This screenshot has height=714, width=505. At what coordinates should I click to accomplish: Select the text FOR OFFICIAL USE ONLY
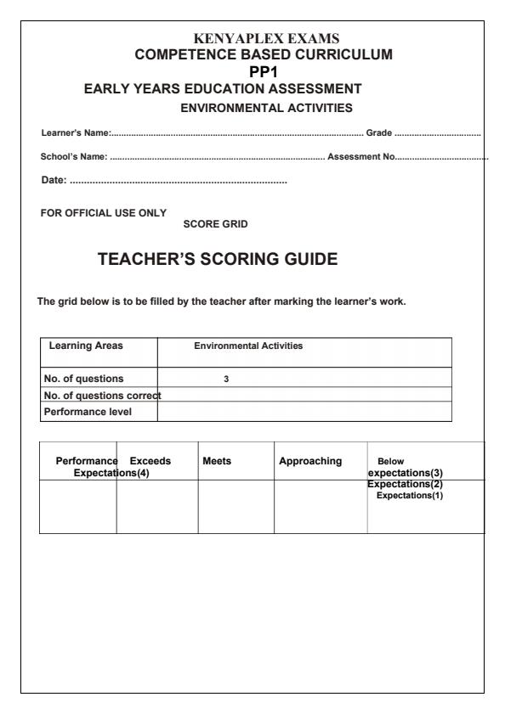[x=104, y=212]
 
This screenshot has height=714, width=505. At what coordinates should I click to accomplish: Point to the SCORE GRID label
[x=215, y=224]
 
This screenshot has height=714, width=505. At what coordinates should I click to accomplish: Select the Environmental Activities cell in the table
[x=248, y=346]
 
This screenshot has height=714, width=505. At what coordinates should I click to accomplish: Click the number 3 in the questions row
[x=226, y=379]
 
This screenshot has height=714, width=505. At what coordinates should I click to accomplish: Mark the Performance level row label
[x=90, y=412]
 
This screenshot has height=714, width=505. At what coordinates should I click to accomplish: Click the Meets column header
[x=217, y=461]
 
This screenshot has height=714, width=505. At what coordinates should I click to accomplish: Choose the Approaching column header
[x=310, y=461]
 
